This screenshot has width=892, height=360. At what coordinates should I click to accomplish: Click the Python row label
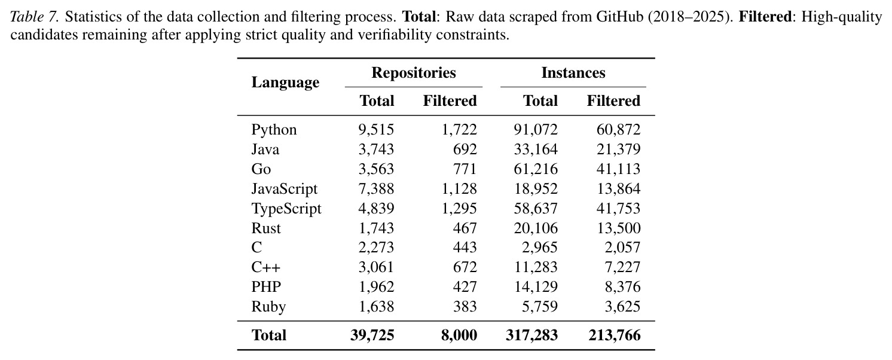(x=274, y=130)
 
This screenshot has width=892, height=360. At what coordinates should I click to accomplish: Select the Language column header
(x=285, y=83)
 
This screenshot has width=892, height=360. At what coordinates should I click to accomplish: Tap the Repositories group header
(x=413, y=73)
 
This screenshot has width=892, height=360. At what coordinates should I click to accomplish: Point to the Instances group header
(x=573, y=72)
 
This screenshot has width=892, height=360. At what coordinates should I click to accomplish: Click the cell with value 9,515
(x=376, y=130)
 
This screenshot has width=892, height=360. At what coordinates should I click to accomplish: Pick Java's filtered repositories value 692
(x=465, y=150)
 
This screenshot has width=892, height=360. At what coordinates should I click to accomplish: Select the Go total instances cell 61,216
(x=536, y=169)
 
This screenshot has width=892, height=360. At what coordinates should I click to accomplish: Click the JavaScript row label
(x=285, y=189)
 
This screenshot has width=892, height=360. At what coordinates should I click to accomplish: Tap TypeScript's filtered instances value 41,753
(x=618, y=208)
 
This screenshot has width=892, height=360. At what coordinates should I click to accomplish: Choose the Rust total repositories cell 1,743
(x=376, y=228)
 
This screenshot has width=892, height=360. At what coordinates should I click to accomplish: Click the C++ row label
(x=265, y=267)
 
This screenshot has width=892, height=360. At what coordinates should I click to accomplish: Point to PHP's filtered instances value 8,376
(x=622, y=286)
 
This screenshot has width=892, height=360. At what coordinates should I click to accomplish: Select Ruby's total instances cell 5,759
(x=540, y=307)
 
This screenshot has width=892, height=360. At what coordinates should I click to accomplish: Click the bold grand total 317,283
(x=531, y=335)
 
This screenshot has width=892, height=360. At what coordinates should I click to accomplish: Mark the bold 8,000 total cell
(x=459, y=335)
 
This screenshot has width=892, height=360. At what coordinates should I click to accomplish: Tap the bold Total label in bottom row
(x=269, y=335)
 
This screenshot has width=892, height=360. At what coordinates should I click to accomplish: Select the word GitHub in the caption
(x=619, y=17)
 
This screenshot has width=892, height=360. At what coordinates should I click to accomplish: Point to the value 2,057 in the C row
(x=622, y=248)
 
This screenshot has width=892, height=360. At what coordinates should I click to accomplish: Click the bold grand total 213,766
(x=615, y=335)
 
